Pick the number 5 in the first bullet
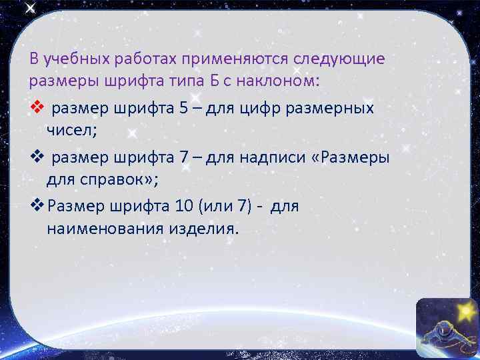tap(183, 109)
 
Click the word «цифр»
tap(271, 109)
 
